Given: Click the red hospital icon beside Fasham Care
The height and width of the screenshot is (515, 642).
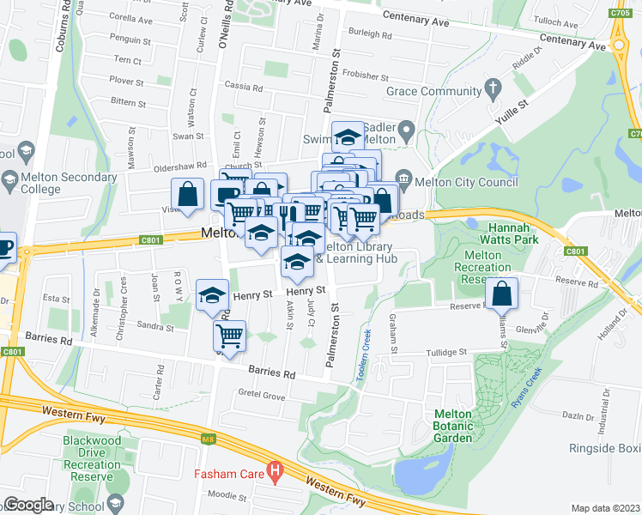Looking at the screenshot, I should [275, 472].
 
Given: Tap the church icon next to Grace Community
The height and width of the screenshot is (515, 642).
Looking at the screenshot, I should [493, 88].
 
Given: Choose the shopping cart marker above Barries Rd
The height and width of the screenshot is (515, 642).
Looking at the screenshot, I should [229, 336].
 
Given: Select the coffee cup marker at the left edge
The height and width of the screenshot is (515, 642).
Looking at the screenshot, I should [3, 247].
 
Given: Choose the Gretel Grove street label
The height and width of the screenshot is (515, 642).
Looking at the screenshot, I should [261, 396].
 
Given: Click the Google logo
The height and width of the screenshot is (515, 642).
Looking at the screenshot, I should [28, 505].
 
